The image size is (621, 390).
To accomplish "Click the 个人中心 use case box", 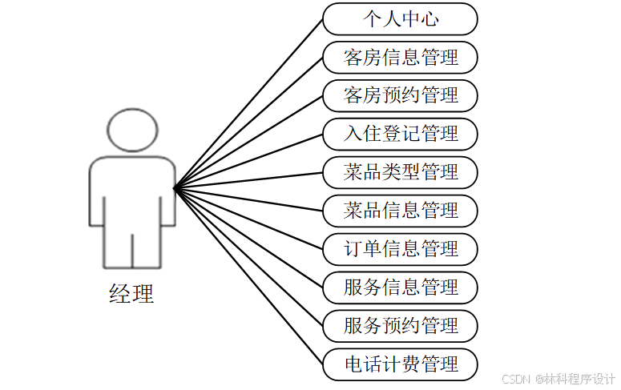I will [x=400, y=18].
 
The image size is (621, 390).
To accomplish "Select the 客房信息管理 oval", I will [x=400, y=57].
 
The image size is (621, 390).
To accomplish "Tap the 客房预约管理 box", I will [x=400, y=95].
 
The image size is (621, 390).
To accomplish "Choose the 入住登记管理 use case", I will [x=400, y=134].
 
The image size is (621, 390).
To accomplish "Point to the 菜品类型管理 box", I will [x=400, y=172].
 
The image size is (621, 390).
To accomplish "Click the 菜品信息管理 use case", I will [x=400, y=211].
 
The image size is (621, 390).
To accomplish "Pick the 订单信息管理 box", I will [x=400, y=249].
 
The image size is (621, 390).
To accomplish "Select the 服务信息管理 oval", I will [x=400, y=287].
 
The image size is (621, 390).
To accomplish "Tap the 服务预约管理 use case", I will [x=400, y=326].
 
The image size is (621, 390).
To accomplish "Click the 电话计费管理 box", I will [x=400, y=364].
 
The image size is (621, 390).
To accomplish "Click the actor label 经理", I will [x=131, y=294].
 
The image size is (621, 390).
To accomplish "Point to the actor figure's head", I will [x=132, y=131].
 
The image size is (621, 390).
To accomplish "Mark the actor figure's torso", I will [x=132, y=192].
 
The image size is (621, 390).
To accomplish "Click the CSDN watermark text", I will [x=557, y=379].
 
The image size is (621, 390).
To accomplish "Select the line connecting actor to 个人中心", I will [x=248, y=104].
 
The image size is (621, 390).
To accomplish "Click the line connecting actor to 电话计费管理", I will [x=248, y=276].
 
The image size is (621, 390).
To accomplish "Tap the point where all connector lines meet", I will [x=174, y=189].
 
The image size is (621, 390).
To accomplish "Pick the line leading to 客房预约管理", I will [x=248, y=142].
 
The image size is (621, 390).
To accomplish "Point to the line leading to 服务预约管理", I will [x=248, y=257].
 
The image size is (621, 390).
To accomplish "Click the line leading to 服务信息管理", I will [x=248, y=238].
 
